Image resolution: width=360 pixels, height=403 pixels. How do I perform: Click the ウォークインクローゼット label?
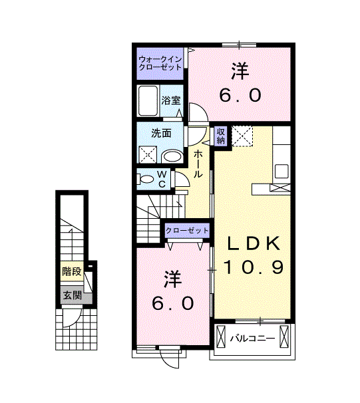(160, 63)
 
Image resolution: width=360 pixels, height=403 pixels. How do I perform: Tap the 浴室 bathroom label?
(171, 101)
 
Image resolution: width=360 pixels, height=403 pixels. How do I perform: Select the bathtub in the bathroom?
(148, 100)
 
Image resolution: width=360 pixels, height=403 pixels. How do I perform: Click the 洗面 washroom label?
(161, 133)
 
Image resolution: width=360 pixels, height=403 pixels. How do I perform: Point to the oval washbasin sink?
(172, 156)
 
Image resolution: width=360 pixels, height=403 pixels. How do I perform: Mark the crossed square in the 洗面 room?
(147, 154)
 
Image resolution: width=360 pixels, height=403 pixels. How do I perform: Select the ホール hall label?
(198, 163)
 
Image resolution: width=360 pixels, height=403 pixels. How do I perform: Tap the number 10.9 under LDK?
(254, 267)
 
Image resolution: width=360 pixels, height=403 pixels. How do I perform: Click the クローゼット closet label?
(187, 230)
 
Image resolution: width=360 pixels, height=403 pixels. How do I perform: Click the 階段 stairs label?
(72, 271)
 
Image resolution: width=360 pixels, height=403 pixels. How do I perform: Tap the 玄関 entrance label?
(72, 295)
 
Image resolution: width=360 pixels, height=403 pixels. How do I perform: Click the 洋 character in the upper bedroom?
(240, 70)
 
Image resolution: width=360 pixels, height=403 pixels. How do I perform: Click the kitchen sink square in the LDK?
(281, 170)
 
